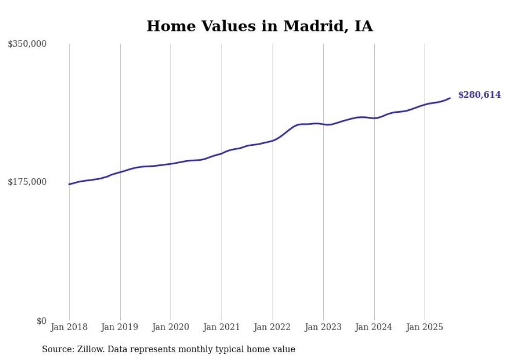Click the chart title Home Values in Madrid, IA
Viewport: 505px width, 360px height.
259,26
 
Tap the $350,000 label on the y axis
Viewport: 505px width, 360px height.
27,44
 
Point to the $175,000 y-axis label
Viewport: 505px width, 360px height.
27,182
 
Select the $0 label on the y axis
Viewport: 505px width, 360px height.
41,321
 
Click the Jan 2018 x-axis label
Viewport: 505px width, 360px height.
69,327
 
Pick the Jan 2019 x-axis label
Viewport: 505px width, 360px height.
120,327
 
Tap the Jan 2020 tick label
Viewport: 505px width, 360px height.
171,327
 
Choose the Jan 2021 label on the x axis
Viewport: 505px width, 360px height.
222,327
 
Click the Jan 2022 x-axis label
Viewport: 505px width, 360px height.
273,327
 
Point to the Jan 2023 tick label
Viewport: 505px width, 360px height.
323,327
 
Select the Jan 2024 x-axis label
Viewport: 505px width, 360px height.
374,327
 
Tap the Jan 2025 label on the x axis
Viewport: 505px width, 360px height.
425,327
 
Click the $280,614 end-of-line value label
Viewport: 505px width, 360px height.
479,95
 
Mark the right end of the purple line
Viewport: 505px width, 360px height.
450,98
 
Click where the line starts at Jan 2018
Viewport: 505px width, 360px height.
69,184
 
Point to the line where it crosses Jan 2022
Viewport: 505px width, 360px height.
273,140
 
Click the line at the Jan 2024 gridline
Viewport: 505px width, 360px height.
374,118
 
